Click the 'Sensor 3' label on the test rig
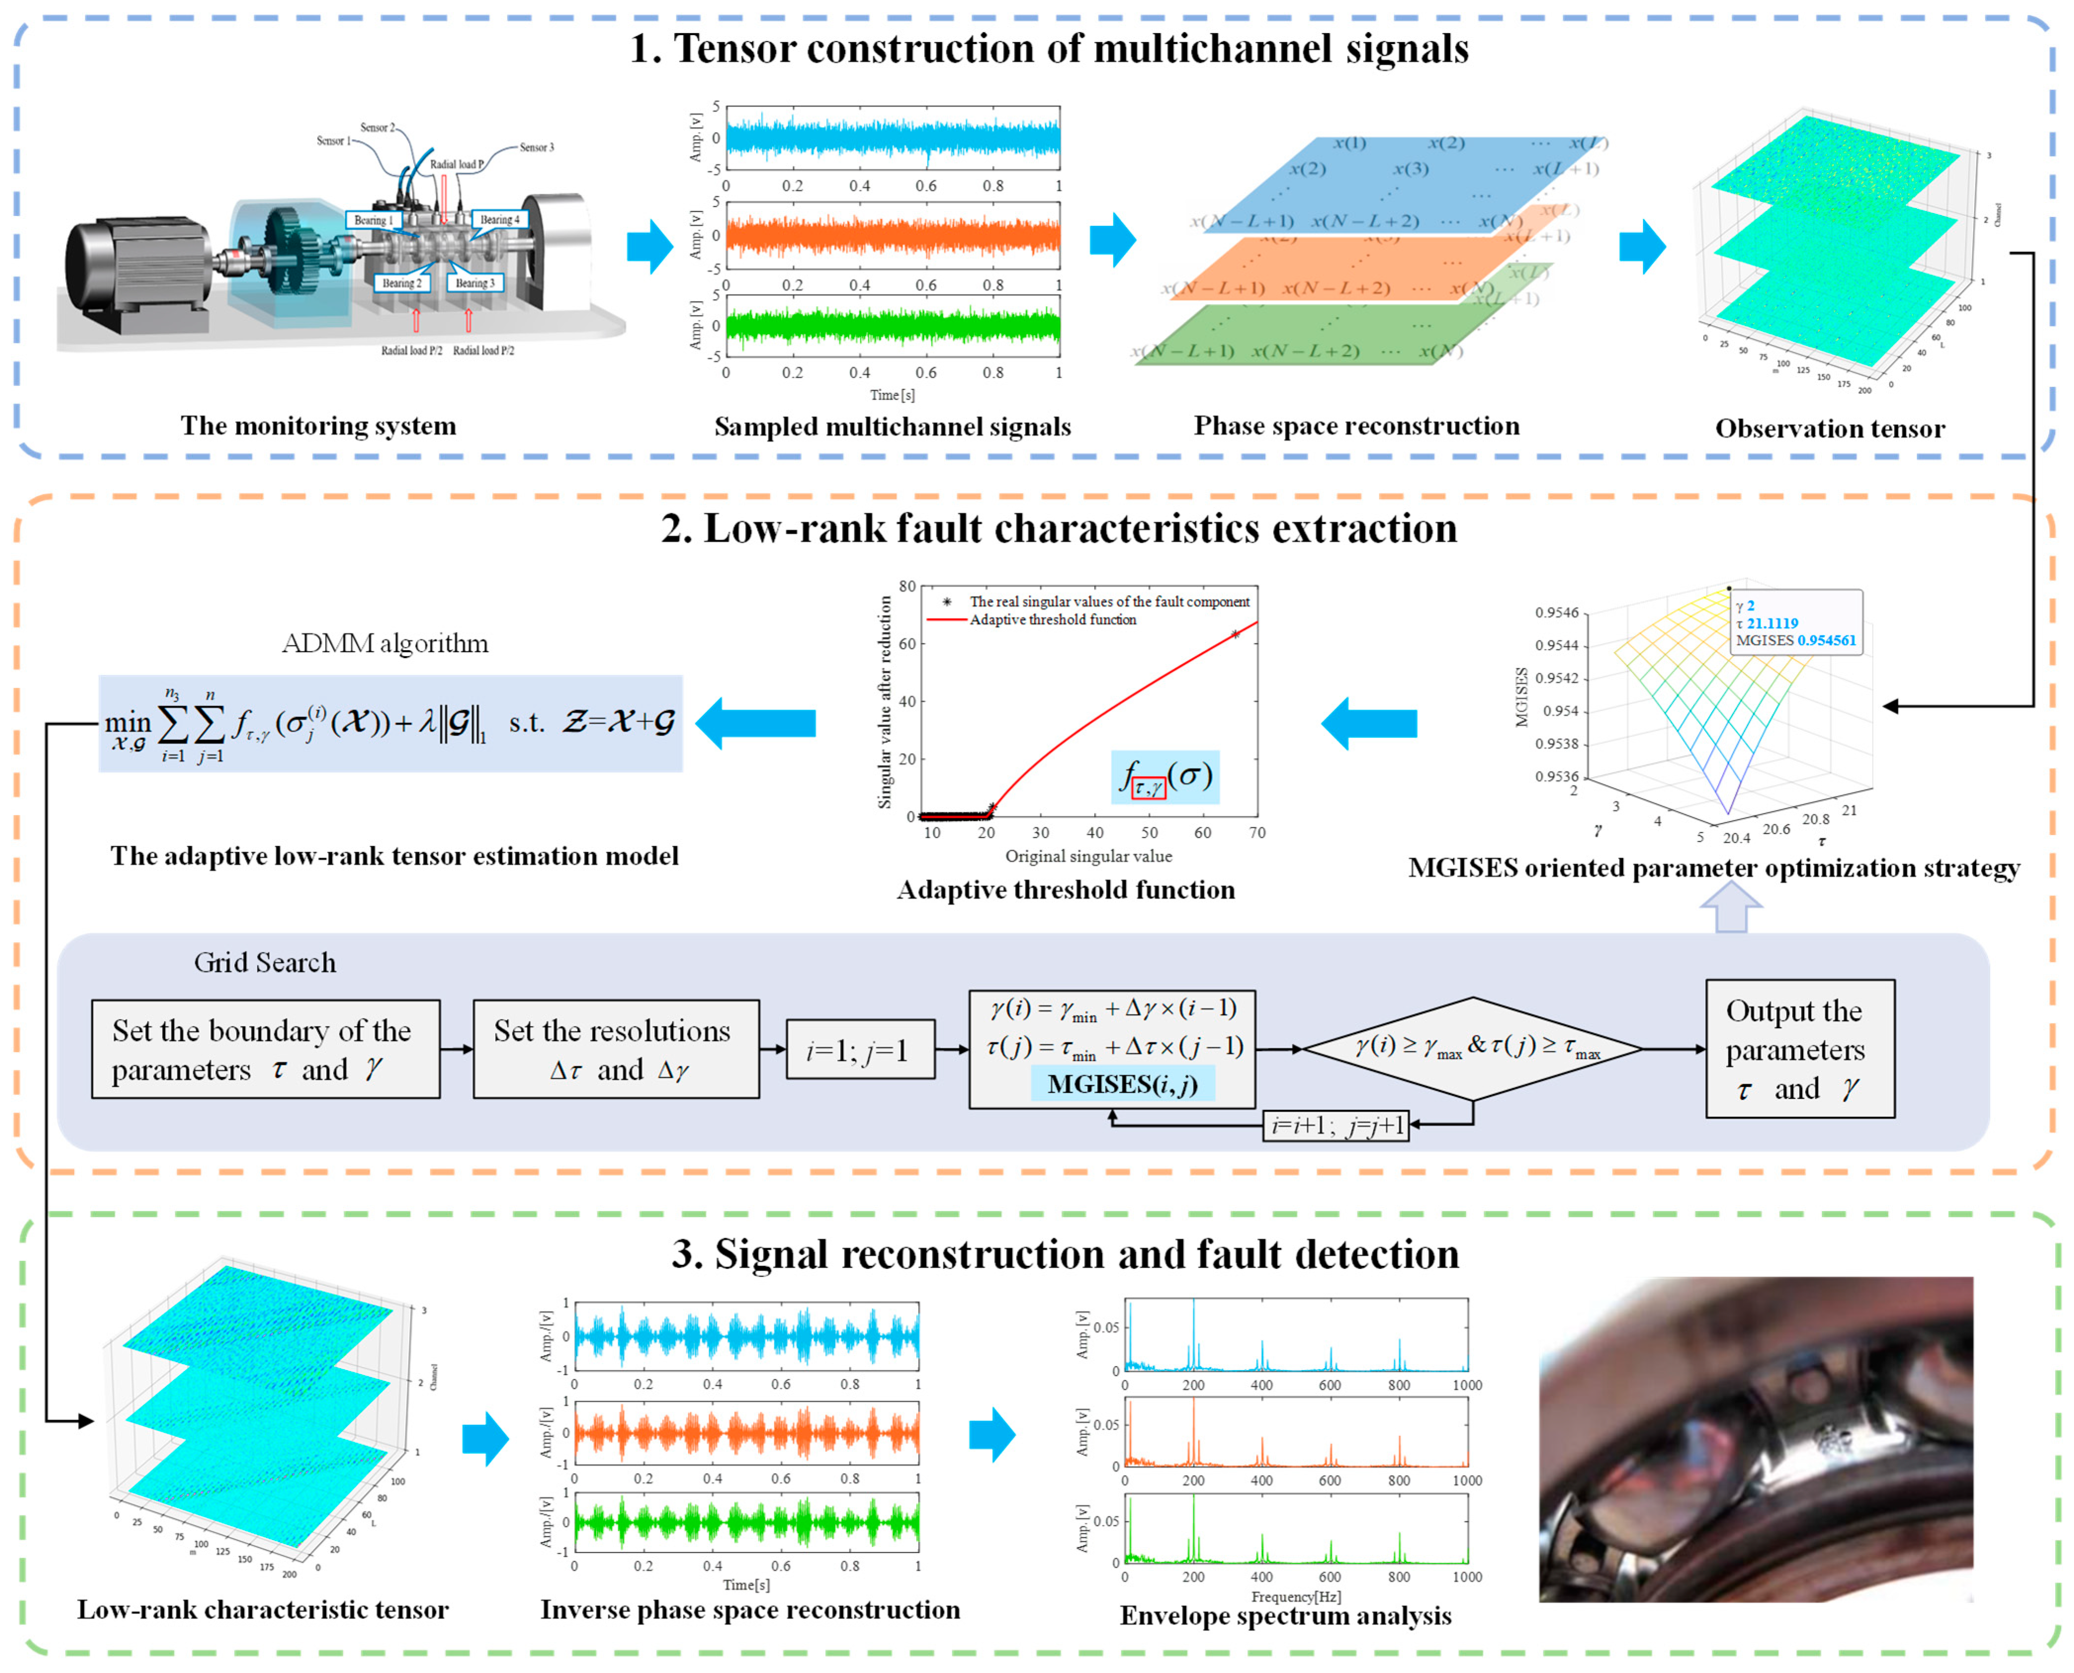537,147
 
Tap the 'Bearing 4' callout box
499,220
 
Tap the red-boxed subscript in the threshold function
1148,788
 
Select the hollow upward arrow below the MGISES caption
1731,908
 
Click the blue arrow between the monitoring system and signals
649,246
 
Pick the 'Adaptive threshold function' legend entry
1053,620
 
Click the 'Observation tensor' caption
1829,429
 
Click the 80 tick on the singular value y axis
907,586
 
